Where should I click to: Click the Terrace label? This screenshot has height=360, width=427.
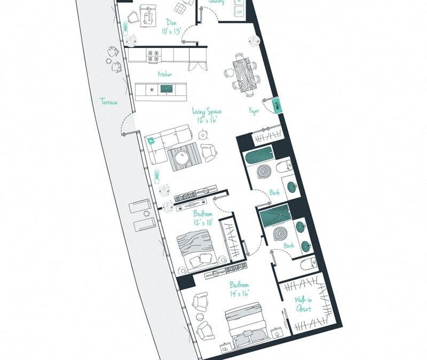pyautogui.click(x=109, y=102)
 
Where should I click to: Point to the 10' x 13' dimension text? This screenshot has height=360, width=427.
pyautogui.click(x=171, y=31)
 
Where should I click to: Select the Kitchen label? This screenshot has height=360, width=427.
pyautogui.click(x=164, y=75)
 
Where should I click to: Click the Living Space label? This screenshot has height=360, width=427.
pyautogui.click(x=207, y=111)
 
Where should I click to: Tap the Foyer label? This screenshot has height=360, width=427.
pyautogui.click(x=254, y=111)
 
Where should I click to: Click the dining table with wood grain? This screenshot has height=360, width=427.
pyautogui.click(x=244, y=76)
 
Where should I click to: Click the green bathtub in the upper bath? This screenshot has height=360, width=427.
pyautogui.click(x=259, y=158)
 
